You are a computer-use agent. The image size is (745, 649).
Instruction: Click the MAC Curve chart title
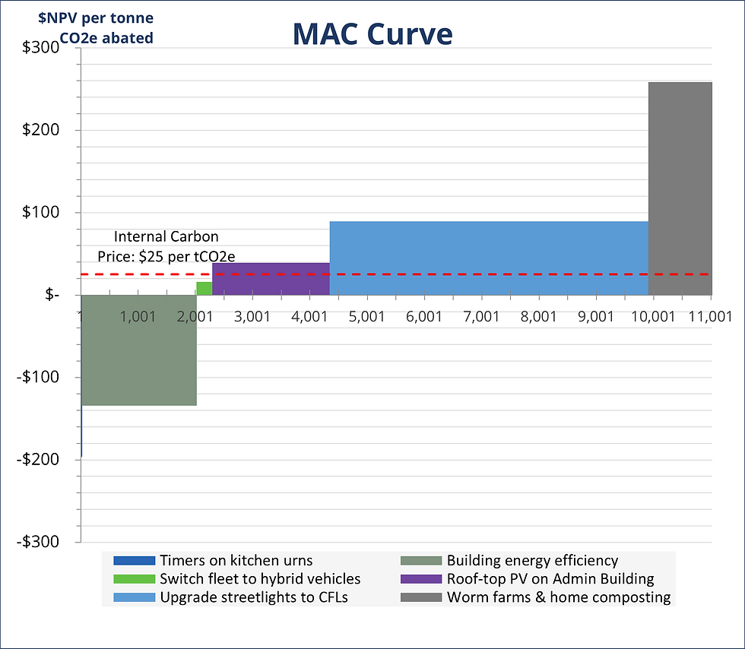tap(372, 33)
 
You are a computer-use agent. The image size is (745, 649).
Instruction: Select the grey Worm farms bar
tap(680, 188)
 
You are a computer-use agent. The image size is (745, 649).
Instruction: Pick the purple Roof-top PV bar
tap(271, 279)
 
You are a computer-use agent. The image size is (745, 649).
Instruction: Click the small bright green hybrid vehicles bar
tap(204, 288)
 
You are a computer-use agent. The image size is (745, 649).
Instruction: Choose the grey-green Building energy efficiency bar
tap(138, 350)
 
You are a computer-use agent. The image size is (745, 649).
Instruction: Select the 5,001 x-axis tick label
tap(366, 316)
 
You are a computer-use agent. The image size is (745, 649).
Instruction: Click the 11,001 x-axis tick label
tap(709, 316)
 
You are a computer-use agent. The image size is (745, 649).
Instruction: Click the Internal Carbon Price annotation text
tap(166, 246)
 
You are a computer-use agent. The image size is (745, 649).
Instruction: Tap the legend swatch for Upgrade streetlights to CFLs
tap(134, 597)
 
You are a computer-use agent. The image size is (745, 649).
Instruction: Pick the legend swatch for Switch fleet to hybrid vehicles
tap(134, 579)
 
